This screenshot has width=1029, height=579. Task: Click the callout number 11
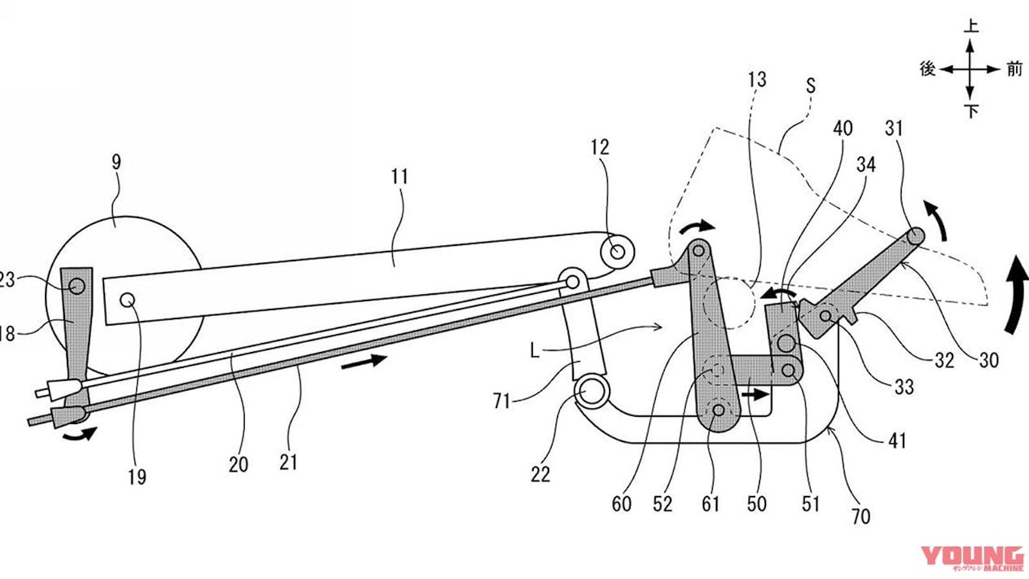399,176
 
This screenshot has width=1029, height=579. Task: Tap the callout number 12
599,147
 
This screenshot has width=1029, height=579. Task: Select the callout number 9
116,162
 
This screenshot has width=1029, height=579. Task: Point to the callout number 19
137,477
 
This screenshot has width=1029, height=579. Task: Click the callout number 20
238,464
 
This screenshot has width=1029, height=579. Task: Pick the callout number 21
288,461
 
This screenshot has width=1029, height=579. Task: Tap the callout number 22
540,474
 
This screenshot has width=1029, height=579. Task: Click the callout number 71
502,401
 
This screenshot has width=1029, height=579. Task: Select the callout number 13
757,80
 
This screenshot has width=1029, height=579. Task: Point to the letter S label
810,85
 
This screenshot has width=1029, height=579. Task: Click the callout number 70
861,515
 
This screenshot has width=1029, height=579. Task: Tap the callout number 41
897,441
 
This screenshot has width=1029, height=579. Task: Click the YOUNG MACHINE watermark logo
972,558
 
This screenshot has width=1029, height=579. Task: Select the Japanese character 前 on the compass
1014,68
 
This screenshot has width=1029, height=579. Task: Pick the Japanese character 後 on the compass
927,68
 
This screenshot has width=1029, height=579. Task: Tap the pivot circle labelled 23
77,286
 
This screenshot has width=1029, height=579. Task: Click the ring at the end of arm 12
617,252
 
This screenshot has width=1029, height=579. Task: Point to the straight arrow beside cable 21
363,362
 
